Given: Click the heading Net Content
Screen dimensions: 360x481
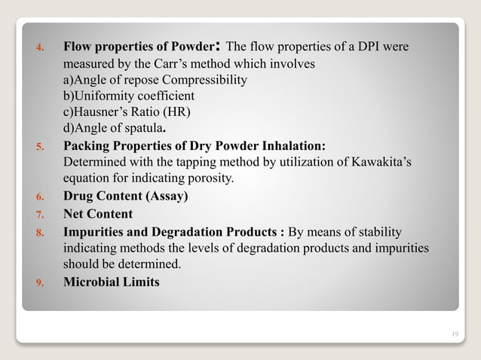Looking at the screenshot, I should [98, 214].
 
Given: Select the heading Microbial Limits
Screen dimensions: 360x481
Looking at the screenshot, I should [112, 283].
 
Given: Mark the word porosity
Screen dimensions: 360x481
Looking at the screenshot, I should [213, 178].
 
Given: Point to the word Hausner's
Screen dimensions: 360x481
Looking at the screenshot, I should [100, 113].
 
